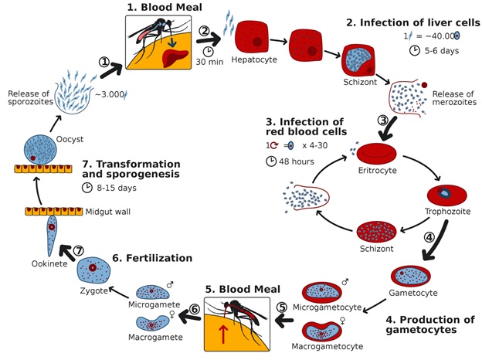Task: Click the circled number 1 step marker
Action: [x=104, y=62]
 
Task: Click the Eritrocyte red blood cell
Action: [x=381, y=153]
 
